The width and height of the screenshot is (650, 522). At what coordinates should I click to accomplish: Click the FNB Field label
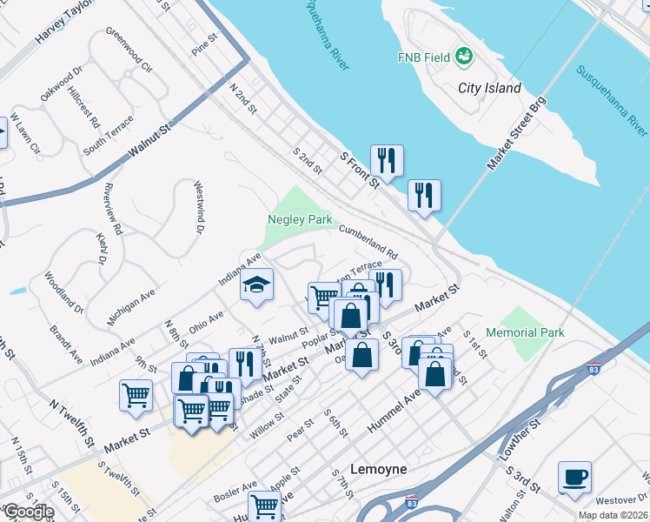pos(423,57)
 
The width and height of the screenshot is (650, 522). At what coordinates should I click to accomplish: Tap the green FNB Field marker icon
pos(465,57)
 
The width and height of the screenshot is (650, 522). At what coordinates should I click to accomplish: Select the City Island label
pos(490,88)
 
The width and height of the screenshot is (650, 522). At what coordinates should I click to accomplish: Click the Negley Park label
pos(300,220)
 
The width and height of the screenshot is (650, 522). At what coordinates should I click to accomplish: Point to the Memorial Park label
pos(525,332)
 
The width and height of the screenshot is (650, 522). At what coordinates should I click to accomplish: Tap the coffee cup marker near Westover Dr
pos(574,478)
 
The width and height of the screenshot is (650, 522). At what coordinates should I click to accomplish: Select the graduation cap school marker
pos(256,285)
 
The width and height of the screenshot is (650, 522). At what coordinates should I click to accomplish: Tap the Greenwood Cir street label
pos(128,50)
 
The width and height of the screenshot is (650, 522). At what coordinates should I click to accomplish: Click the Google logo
pos(28,512)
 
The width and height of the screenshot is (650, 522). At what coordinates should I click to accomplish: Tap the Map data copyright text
pos(613,515)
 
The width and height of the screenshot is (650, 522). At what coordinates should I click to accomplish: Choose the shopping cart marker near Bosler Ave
pos(264,505)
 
